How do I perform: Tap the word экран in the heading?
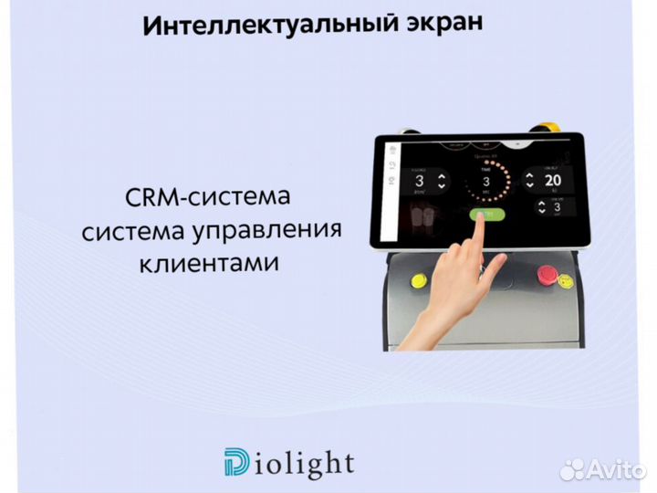(x=434, y=21)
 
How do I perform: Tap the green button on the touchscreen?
(x=481, y=215)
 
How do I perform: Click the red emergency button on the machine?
(x=547, y=273)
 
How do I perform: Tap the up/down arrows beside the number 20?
(x=528, y=180)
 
